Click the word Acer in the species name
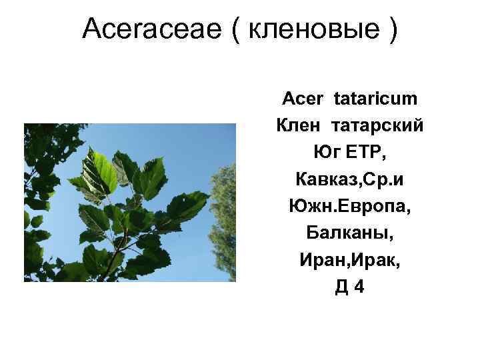point(303,99)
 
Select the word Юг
point(327,153)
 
